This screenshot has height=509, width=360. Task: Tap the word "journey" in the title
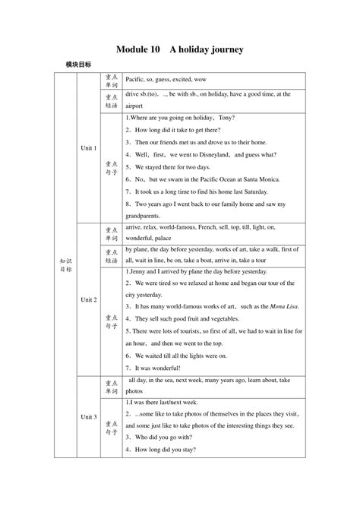[x=223, y=49]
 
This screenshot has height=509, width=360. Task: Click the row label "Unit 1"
[x=89, y=148]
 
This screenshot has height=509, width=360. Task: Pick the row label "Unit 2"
[x=89, y=300]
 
